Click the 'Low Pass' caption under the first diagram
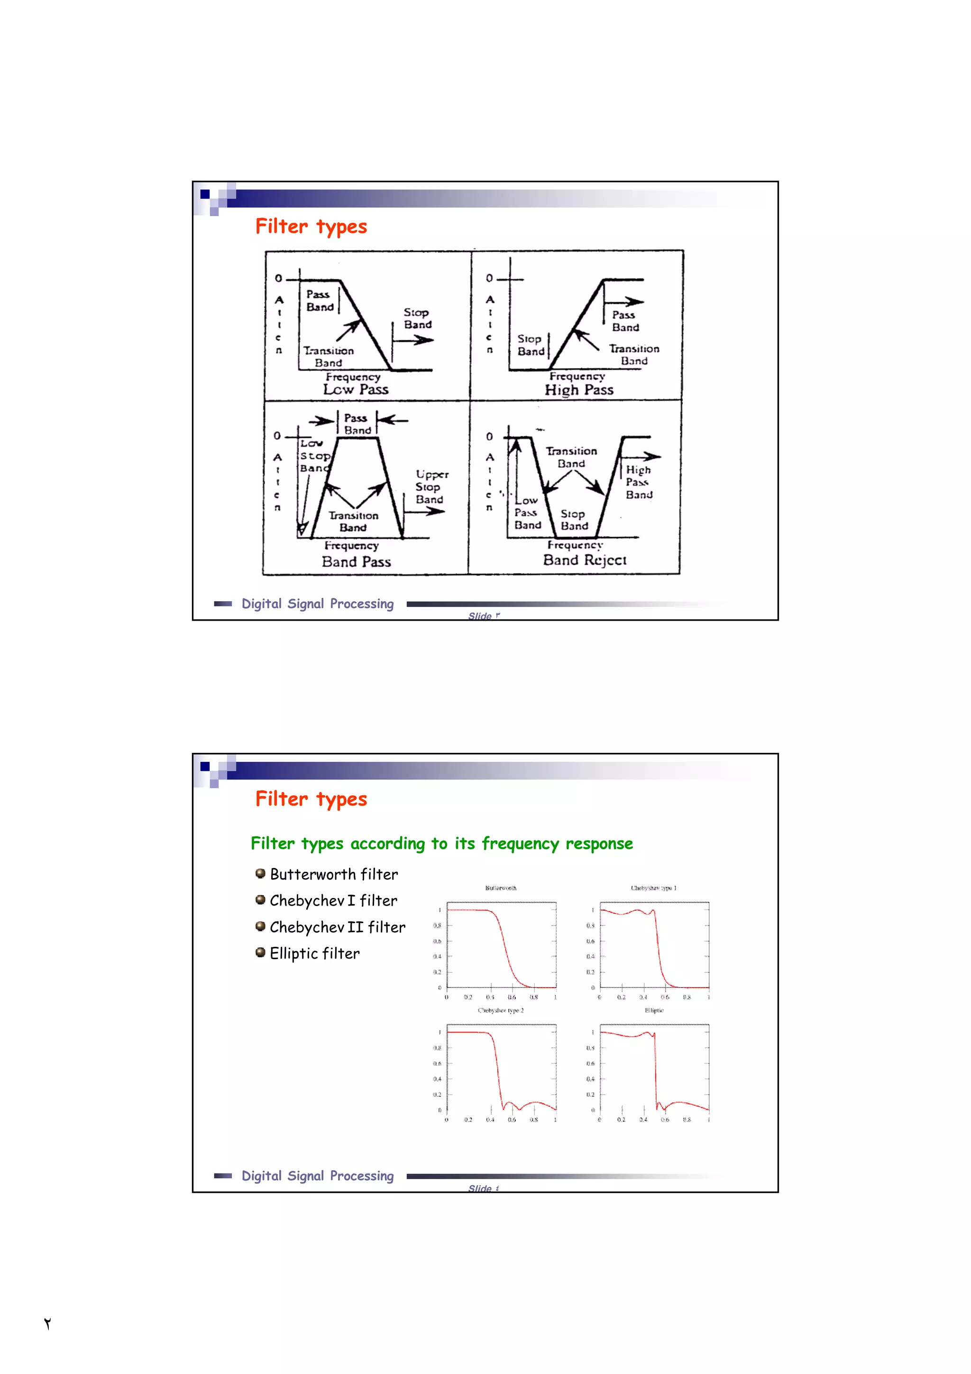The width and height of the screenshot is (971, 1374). click(x=356, y=390)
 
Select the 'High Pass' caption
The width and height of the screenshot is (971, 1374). click(x=578, y=390)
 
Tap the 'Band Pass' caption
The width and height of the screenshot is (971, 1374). click(x=356, y=561)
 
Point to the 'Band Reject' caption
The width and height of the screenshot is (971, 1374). click(x=585, y=560)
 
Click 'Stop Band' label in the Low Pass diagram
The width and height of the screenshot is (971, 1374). click(x=417, y=318)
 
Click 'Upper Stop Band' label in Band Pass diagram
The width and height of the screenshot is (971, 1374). click(x=431, y=486)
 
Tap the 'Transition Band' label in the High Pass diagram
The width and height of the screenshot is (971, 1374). click(x=634, y=354)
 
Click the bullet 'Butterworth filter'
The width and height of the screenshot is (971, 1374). click(x=333, y=874)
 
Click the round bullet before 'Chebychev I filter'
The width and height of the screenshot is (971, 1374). click(x=260, y=899)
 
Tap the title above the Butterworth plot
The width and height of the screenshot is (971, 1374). click(x=501, y=888)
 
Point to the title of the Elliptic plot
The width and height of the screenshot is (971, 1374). click(x=654, y=1010)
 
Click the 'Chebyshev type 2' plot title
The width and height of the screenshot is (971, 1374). click(x=501, y=1010)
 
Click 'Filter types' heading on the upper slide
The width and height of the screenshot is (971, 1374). click(x=311, y=227)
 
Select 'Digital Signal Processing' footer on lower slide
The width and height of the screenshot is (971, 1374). click(x=317, y=1176)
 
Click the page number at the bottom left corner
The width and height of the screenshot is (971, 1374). click(x=47, y=1323)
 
